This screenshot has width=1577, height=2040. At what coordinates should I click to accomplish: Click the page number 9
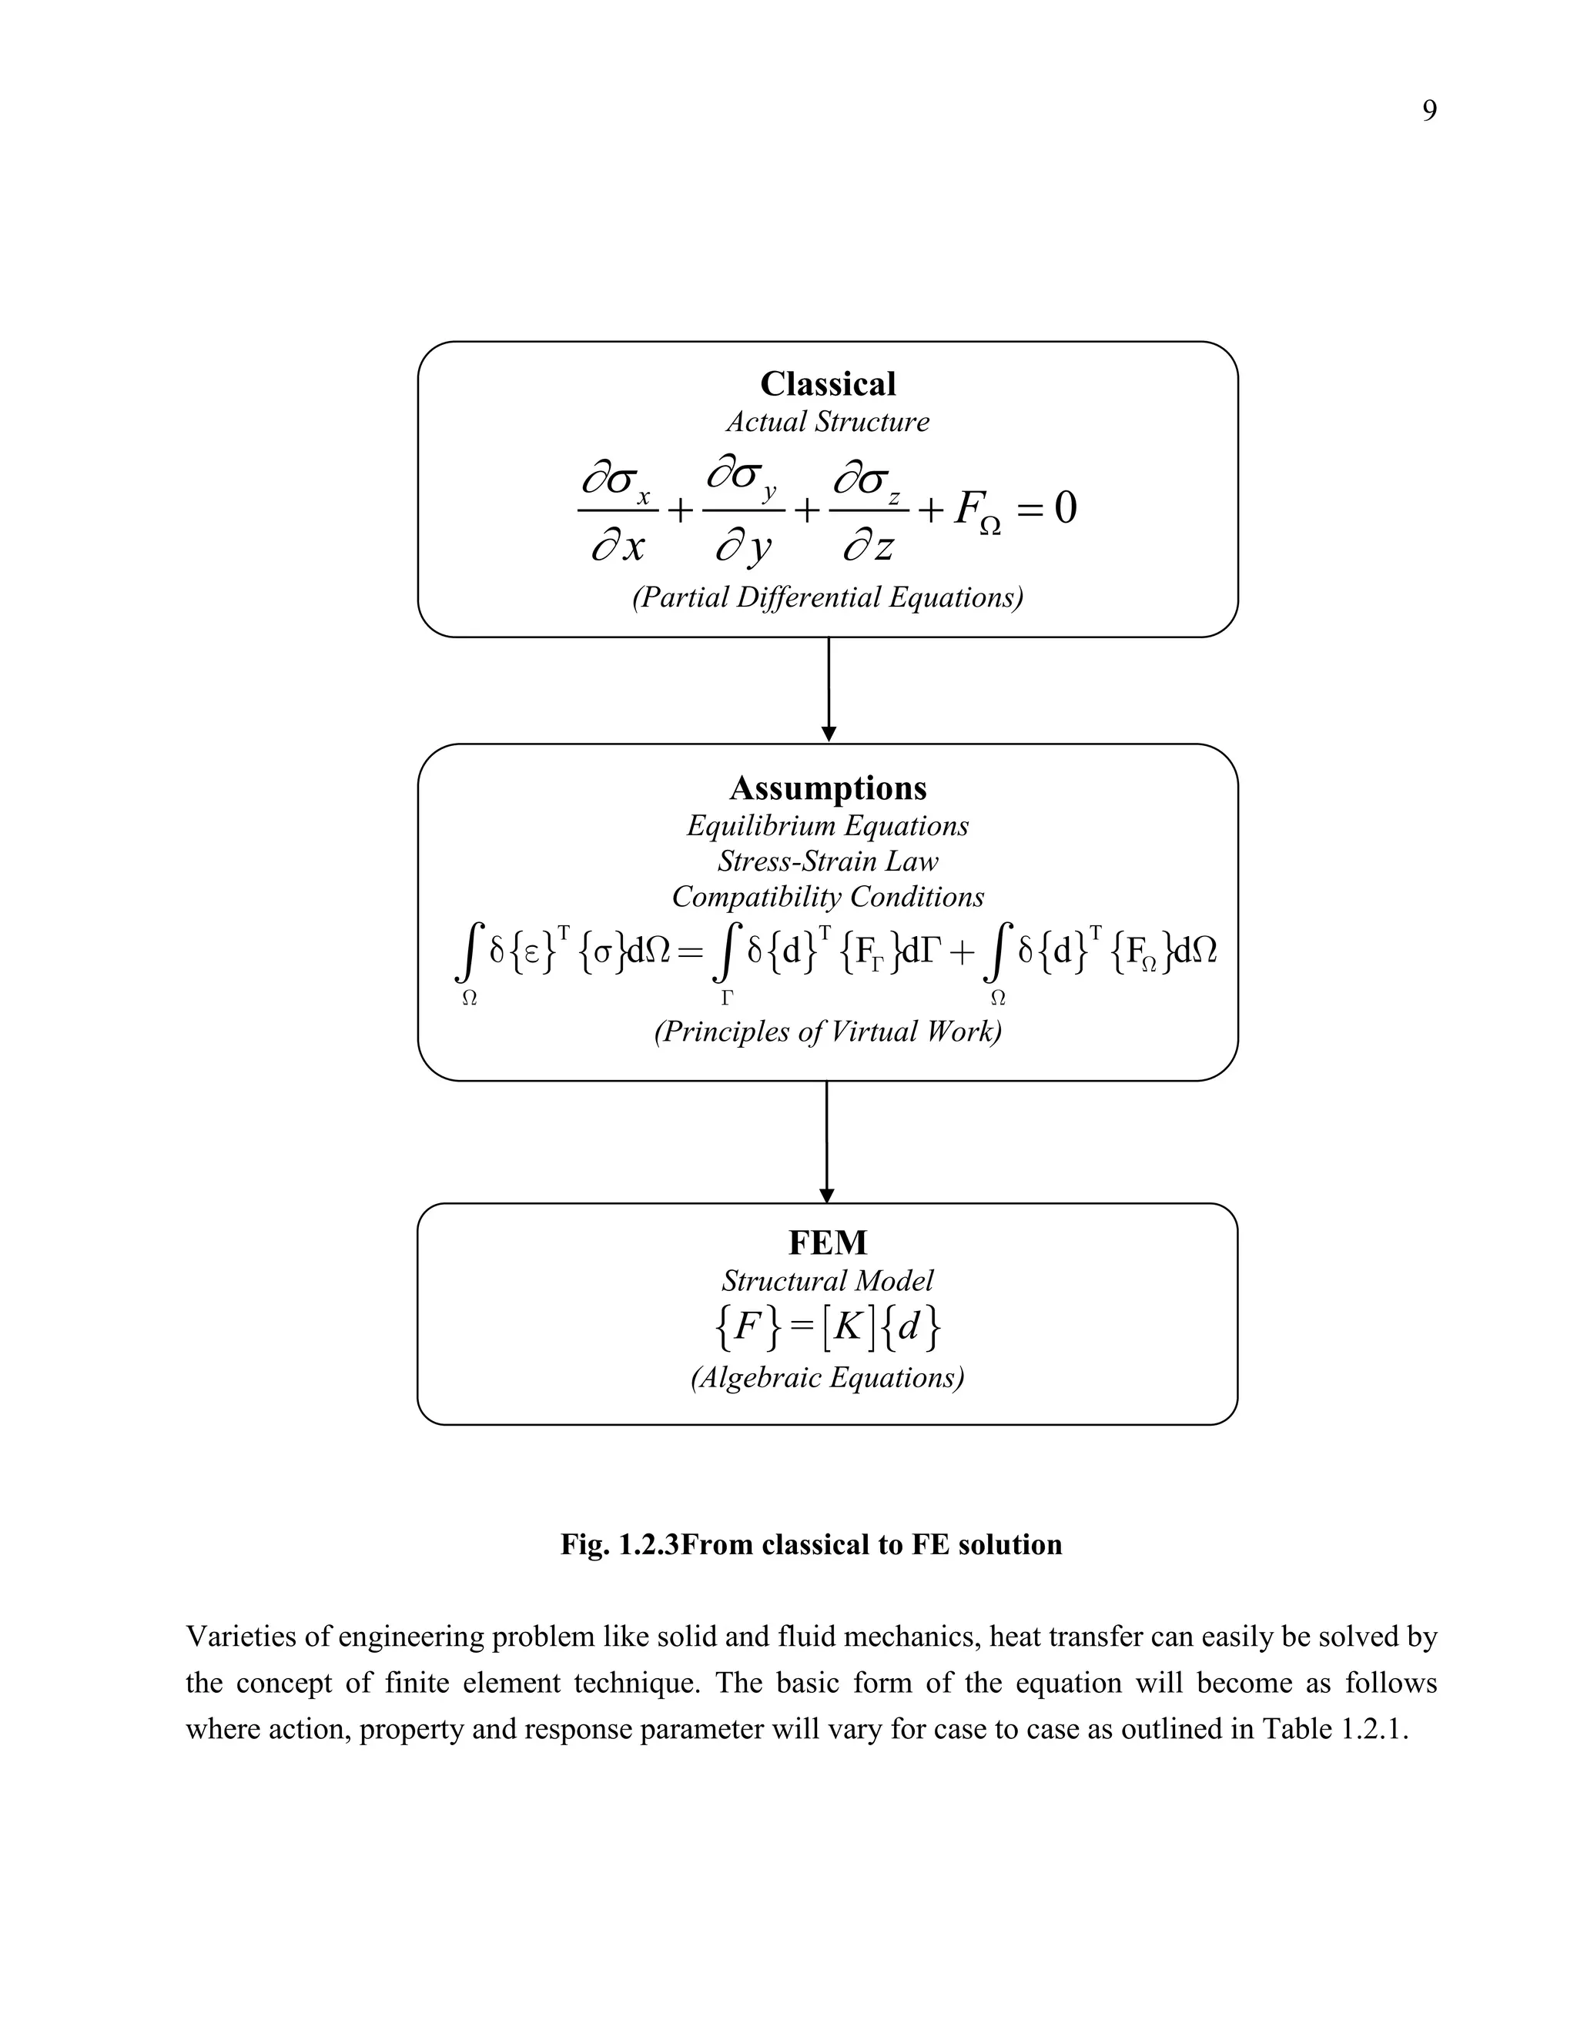pos(1428,111)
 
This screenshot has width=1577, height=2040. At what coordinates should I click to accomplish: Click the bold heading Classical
pos(828,384)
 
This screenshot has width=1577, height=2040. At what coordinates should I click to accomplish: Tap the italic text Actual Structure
pos(828,422)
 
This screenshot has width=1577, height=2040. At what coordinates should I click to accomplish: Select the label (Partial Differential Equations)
pos(828,597)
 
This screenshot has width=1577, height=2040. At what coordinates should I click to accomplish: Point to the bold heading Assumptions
pos(828,788)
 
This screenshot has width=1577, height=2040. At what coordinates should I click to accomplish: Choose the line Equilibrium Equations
pos(828,826)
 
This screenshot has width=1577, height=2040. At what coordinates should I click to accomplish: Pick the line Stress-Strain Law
pos(828,861)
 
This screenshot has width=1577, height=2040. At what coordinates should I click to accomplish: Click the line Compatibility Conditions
pos(828,897)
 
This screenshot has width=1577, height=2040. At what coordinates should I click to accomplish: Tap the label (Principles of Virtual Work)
pos(828,1032)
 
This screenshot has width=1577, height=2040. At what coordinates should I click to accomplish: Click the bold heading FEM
pos(828,1243)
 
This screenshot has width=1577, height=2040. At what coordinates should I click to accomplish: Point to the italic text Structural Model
pos(828,1281)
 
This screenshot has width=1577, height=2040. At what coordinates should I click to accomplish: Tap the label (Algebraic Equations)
pos(828,1378)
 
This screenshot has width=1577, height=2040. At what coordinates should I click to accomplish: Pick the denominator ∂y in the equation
pos(744,547)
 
